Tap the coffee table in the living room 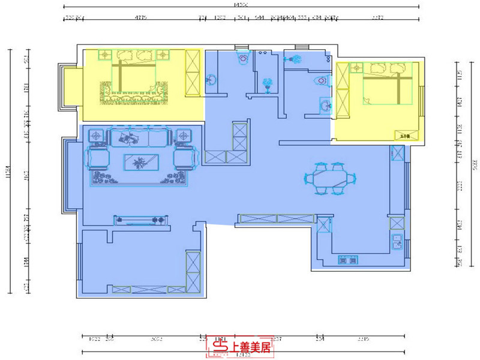click(141, 162)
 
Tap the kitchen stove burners click(347, 260)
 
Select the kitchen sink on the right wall click(397, 243)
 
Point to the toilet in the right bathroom click(321, 80)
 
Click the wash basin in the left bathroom click(212, 79)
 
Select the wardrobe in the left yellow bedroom click(193, 73)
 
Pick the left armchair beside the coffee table click(98, 158)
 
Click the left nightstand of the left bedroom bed click(104, 55)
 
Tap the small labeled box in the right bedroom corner click(403, 135)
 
